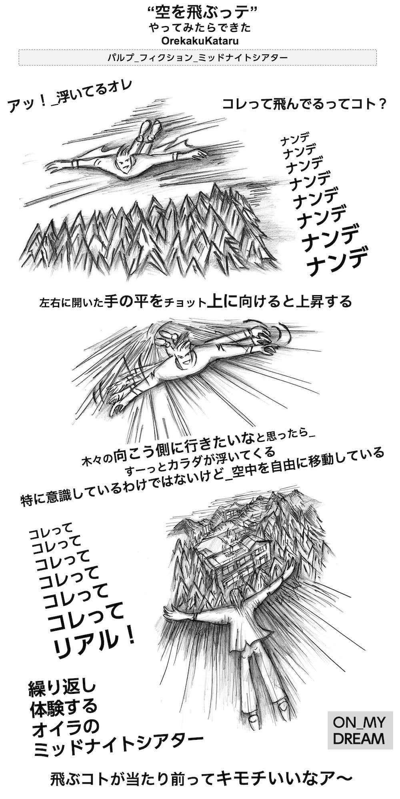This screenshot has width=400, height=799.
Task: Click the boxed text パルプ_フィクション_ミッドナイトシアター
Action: pyautogui.click(x=198, y=57)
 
